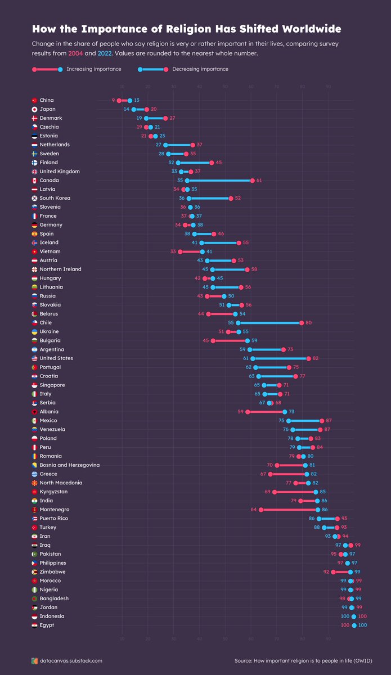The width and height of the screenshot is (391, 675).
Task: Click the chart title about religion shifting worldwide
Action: pos(186,29)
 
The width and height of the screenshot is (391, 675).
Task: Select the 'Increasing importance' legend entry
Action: pos(93,69)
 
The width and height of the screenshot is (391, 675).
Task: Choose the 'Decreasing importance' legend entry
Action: pos(200,69)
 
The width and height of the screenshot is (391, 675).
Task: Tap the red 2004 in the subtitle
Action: pos(76,53)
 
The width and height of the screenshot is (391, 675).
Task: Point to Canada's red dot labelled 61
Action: pos(252,181)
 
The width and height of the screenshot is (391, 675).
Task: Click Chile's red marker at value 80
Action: pos(302,323)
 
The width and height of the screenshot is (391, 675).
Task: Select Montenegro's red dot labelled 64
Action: pos(260,510)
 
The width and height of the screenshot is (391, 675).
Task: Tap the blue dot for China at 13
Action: pos(129,101)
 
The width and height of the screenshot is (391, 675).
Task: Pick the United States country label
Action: pos(57,358)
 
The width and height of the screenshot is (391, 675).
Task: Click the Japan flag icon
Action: pos(35,109)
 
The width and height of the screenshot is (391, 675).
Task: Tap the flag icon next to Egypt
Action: pos(35,625)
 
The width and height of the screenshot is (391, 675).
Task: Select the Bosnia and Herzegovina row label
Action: pos(70,465)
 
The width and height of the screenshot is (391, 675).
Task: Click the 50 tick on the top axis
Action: pos(225,87)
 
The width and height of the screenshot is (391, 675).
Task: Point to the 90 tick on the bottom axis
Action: pos(328,638)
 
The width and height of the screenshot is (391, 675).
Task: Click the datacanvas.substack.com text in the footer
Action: pos(71,661)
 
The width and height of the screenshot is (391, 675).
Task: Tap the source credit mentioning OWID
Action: pos(311,661)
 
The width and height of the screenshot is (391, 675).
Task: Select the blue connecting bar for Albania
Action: pos(266,412)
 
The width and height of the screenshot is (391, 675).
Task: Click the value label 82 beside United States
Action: pos(316,358)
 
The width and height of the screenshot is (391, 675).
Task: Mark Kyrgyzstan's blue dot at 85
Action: pos(316,492)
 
